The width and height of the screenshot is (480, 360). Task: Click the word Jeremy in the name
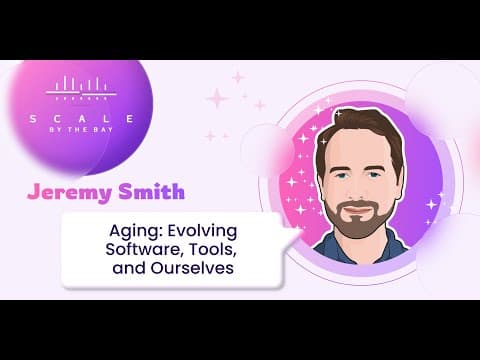click(69, 192)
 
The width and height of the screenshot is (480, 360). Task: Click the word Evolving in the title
click(202, 231)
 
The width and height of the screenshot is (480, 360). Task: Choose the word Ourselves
click(192, 268)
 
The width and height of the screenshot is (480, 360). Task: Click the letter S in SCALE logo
click(33, 119)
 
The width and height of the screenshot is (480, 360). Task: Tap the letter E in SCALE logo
click(130, 119)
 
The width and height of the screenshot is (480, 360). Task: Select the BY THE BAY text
click(81, 130)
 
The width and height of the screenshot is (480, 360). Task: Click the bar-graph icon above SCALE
click(81, 88)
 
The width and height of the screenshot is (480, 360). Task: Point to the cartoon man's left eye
click(374, 175)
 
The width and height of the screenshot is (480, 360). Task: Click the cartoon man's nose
click(358, 190)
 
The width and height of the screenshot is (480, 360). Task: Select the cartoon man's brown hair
click(360, 130)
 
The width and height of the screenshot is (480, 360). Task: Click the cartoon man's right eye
click(341, 175)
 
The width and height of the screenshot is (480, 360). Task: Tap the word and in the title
click(128, 268)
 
